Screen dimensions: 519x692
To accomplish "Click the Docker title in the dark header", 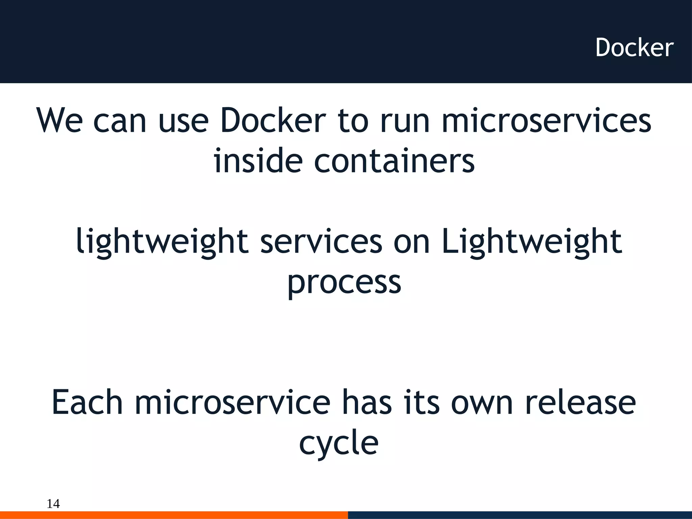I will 634,48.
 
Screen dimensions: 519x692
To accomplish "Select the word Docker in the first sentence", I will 273,121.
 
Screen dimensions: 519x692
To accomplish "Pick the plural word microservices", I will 546,121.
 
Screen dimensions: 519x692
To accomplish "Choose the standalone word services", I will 321,241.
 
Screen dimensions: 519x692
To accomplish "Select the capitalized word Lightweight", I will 532,242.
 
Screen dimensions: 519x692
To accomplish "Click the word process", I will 344,283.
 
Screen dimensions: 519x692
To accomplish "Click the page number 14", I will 53,504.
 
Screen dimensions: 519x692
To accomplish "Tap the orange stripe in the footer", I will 174,515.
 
